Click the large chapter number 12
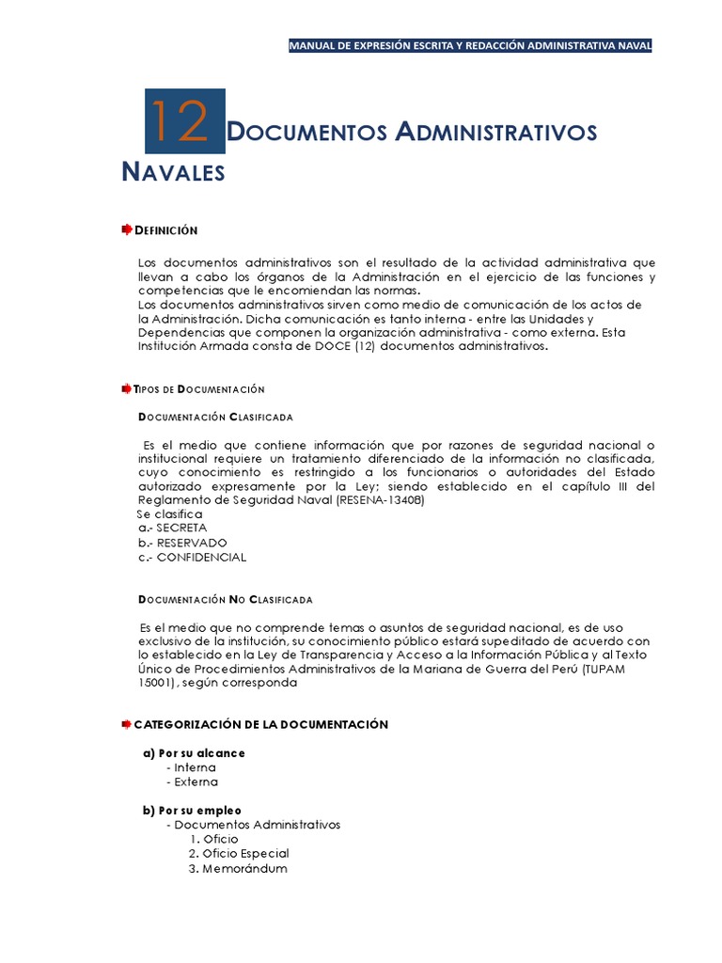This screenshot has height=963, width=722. [184, 121]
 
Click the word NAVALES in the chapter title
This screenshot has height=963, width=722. [174, 172]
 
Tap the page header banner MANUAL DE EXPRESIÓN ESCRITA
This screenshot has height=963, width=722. [470, 45]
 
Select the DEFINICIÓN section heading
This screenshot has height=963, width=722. [166, 230]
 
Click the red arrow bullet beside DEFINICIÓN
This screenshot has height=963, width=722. [127, 230]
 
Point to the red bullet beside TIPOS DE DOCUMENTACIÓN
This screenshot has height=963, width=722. [127, 388]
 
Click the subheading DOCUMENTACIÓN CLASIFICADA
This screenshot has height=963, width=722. [215, 417]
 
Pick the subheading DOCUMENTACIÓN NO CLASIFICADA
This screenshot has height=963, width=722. [225, 599]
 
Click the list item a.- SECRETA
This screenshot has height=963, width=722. [172, 528]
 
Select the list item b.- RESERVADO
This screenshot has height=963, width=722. [181, 543]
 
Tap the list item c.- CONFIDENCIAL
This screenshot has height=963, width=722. [192, 557]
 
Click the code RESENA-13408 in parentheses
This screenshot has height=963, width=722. [379, 499]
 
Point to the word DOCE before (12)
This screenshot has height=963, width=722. [353, 346]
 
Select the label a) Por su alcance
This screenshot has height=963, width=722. [194, 753]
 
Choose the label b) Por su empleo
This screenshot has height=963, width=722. [192, 810]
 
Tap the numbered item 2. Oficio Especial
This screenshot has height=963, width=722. [239, 853]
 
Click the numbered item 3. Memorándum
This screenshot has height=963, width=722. [238, 868]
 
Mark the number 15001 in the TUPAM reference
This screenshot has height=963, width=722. [156, 683]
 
